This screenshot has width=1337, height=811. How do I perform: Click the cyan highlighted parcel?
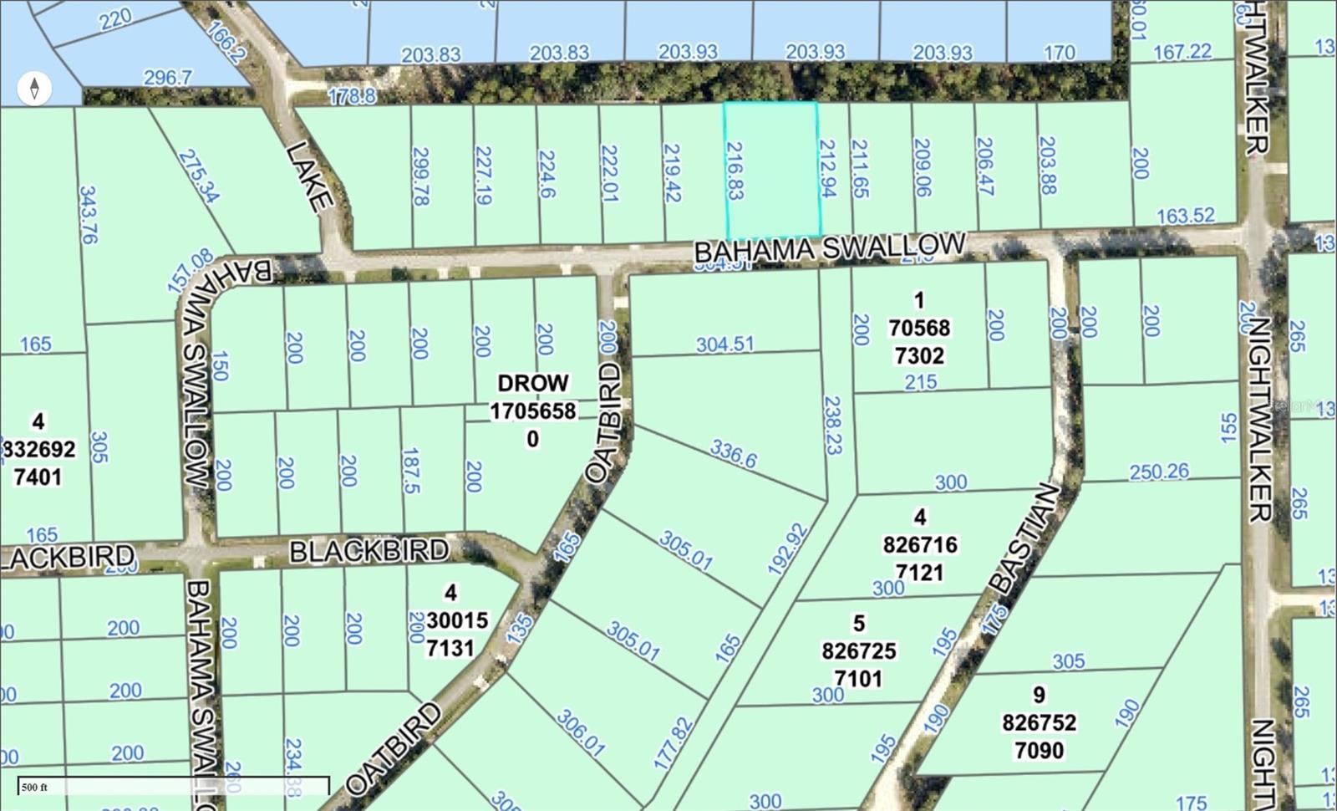point(770,170)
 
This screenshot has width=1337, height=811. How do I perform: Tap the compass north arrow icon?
point(34,88)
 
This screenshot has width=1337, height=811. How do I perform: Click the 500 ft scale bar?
point(173,786)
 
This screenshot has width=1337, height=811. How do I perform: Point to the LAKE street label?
point(307,176)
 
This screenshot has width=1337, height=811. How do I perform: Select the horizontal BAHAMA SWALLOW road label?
point(830,248)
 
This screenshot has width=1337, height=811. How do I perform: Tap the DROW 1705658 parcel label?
point(533,411)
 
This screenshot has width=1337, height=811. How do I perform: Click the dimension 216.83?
point(735,171)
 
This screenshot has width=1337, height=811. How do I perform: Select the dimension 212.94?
point(827,168)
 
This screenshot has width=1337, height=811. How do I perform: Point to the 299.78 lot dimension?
point(420,176)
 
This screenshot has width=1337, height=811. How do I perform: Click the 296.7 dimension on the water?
point(168,78)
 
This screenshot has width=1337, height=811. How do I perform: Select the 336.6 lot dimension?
point(734,454)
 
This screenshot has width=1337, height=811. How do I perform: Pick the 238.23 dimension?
point(831,424)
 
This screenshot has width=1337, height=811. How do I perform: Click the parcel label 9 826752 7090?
point(1039,722)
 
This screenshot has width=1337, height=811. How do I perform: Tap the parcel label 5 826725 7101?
point(858,650)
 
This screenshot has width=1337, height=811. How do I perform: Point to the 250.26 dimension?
point(1158,472)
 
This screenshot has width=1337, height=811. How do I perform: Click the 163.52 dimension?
point(1185,216)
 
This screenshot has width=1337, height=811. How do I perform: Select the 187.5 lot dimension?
point(410,471)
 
